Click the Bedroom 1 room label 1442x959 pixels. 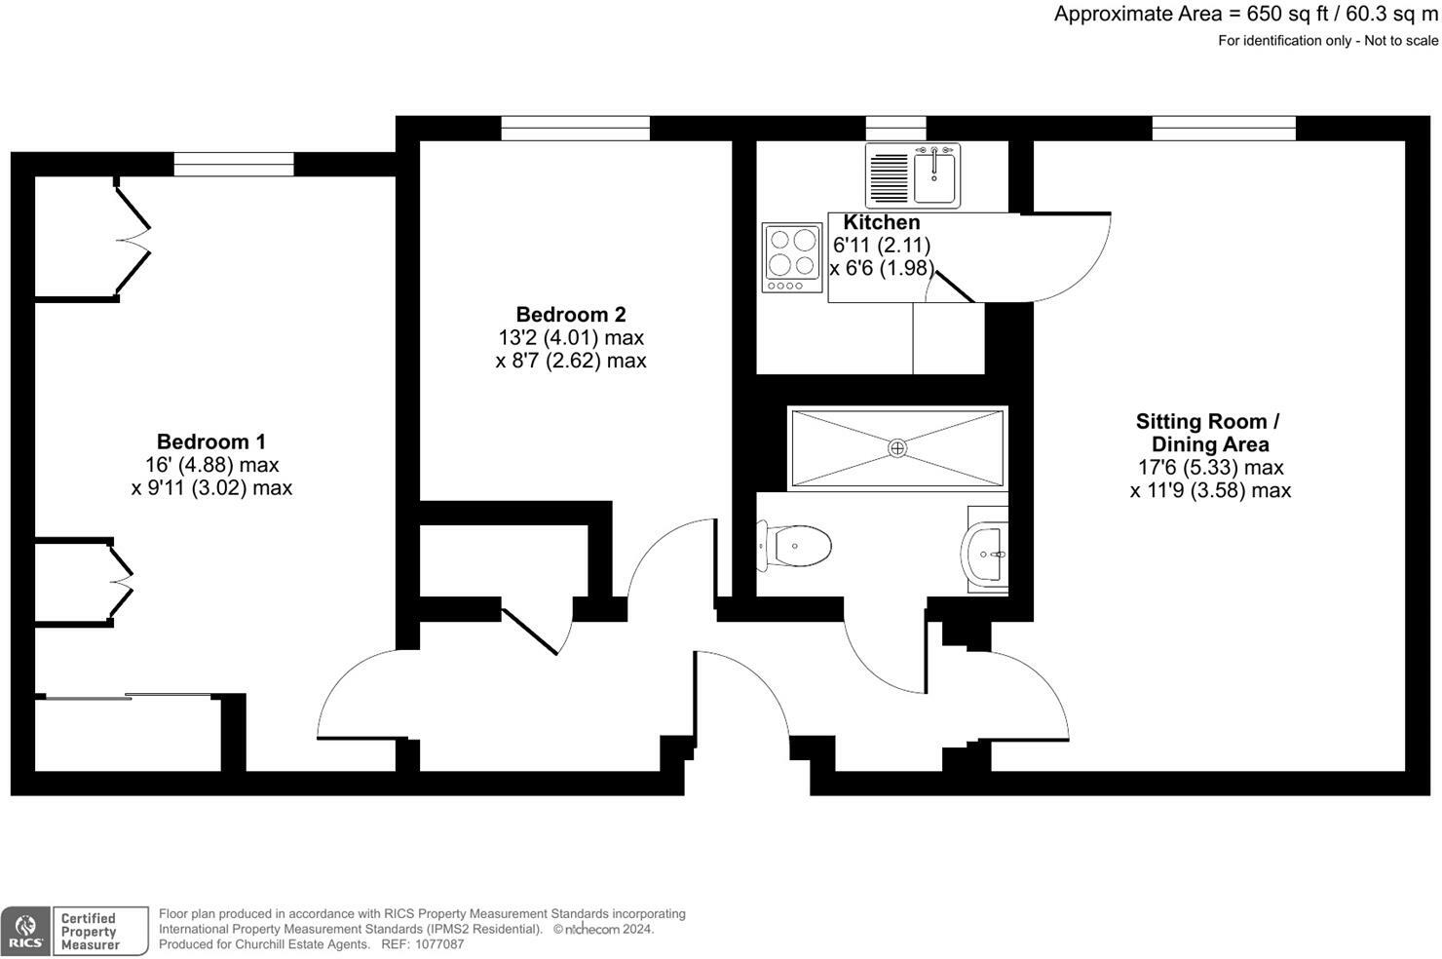[x=210, y=442]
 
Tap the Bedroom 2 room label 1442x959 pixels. [x=570, y=315]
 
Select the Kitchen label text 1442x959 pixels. [x=881, y=222]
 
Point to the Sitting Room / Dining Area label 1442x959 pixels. [x=1208, y=433]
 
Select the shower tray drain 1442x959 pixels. [x=897, y=448]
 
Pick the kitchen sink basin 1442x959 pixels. [x=935, y=176]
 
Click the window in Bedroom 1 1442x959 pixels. [x=233, y=165]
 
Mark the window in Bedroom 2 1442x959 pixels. [x=575, y=128]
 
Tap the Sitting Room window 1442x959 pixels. [x=1223, y=128]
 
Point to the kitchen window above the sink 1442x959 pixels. [x=895, y=128]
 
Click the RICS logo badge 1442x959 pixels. [x=25, y=932]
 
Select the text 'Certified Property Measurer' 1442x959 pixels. [x=89, y=932]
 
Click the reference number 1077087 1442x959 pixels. [x=437, y=944]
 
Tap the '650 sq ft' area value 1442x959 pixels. [x=1284, y=14]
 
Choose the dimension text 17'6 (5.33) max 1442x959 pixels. [x=1210, y=468]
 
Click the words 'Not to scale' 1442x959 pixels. [x=1401, y=41]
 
